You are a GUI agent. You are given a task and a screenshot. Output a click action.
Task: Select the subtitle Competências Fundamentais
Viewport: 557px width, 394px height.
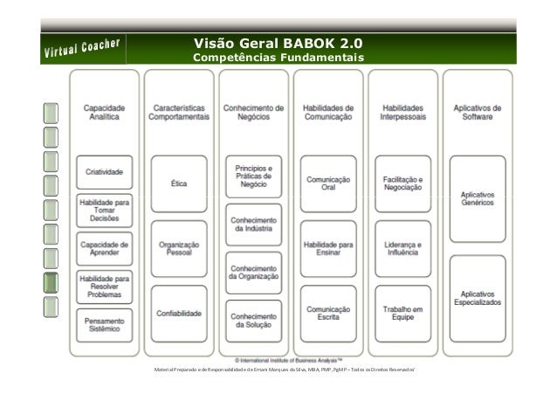[278, 59]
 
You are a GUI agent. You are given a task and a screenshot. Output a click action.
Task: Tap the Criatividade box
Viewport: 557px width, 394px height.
[104, 172]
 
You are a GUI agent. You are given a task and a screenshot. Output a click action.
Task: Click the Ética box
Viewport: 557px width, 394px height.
[179, 183]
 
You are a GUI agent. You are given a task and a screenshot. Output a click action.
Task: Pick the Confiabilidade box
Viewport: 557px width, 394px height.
[179, 313]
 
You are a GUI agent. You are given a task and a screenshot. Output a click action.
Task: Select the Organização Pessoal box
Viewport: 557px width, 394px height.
[179, 251]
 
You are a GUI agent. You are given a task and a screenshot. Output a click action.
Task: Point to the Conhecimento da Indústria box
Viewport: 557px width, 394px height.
[253, 225]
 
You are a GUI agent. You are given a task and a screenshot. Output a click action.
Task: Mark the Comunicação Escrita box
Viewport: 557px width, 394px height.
[328, 313]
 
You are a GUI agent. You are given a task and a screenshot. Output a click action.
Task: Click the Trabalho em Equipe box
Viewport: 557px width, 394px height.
[402, 313]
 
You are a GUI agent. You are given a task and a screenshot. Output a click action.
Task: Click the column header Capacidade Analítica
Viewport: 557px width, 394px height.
[104, 112]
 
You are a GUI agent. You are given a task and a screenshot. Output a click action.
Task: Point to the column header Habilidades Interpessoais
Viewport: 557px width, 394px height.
[402, 112]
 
